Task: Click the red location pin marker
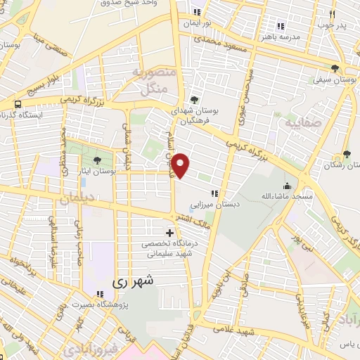click(x=181, y=165)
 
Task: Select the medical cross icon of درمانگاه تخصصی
click(x=169, y=233)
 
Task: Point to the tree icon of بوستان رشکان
click(x=347, y=153)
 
